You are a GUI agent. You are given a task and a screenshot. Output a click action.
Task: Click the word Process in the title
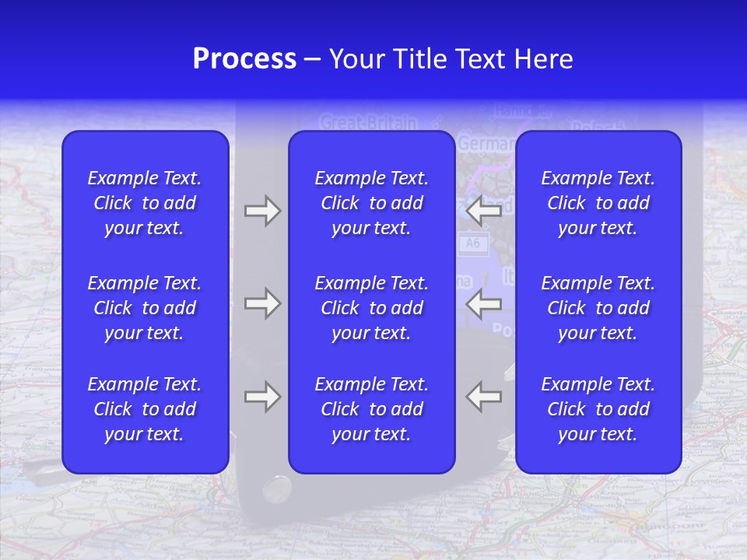244,59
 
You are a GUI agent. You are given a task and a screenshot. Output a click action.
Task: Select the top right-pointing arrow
262,211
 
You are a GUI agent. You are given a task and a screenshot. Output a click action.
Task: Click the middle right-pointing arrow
262,303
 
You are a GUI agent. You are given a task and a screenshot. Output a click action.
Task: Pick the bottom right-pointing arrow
262,396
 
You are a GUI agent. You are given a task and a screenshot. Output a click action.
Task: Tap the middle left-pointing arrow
483,303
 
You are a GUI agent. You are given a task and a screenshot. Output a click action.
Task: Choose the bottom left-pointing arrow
483,396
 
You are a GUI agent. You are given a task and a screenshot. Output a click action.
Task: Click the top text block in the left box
145,203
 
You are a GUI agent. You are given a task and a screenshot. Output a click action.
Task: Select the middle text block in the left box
145,308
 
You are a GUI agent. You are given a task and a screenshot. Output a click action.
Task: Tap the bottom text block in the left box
145,409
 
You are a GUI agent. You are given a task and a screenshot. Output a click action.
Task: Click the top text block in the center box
371,203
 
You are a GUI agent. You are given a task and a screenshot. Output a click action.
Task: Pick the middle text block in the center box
371,308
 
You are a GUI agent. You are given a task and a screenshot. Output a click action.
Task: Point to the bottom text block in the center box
371,409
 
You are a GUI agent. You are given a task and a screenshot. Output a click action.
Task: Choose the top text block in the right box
598,203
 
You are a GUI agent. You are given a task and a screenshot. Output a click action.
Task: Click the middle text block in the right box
598,308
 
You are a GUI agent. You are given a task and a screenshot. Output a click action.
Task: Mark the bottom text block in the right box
598,409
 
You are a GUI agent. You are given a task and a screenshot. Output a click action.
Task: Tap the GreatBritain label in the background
368,123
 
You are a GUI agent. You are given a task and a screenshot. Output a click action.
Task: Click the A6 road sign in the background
472,243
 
